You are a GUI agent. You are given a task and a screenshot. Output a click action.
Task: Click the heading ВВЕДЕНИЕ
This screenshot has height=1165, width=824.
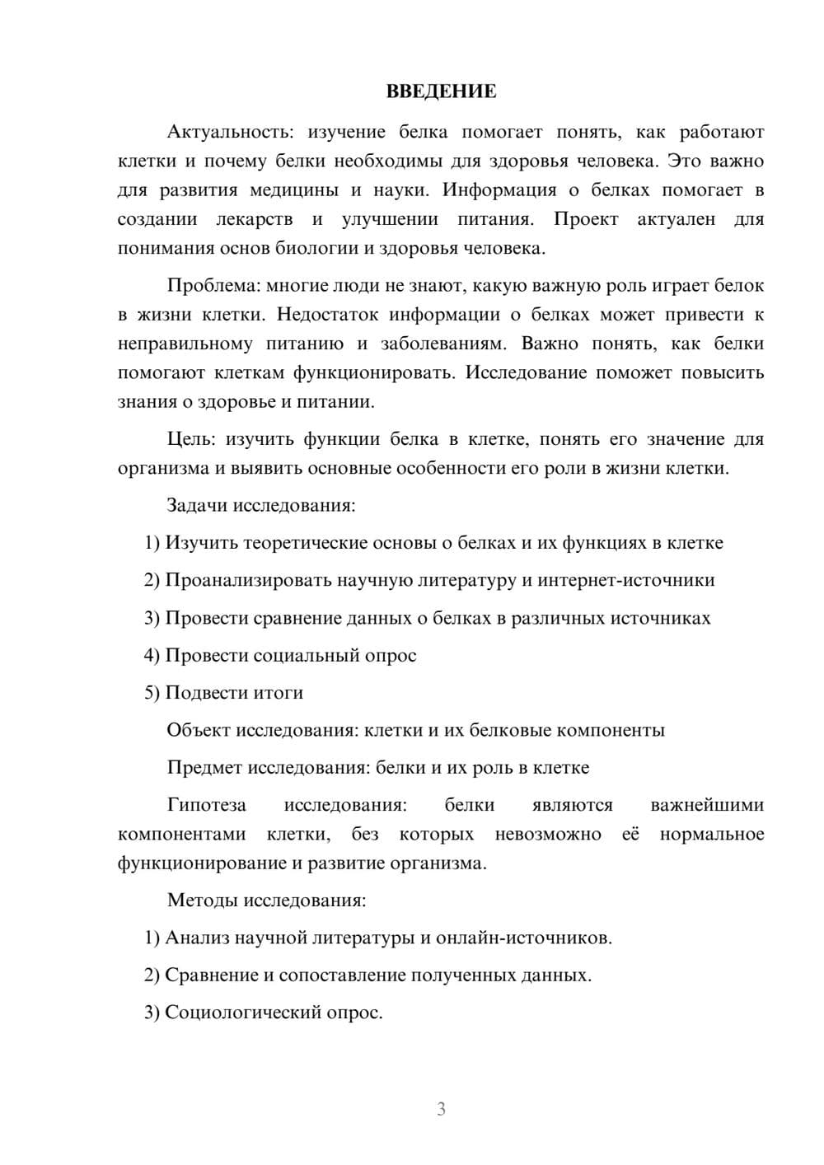coord(441,91)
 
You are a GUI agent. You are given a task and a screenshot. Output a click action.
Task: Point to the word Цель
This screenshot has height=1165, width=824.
coord(190,439)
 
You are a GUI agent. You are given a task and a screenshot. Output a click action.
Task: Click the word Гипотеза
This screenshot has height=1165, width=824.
coord(206,805)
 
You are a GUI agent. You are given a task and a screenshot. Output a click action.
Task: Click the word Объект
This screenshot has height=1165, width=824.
coord(199,730)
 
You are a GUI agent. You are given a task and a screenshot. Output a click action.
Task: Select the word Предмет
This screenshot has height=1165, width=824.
coord(204,768)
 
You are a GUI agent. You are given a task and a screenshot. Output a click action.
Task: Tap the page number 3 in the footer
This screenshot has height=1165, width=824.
coord(441,1109)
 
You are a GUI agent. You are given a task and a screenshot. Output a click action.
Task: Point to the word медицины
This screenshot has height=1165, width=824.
coord(294,190)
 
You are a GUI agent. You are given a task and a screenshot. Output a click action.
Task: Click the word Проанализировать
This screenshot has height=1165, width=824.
coord(248,580)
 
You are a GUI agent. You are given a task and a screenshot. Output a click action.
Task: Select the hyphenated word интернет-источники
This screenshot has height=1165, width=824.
coord(626,580)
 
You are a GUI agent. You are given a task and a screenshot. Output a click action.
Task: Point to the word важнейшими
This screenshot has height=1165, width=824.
coord(707,805)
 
